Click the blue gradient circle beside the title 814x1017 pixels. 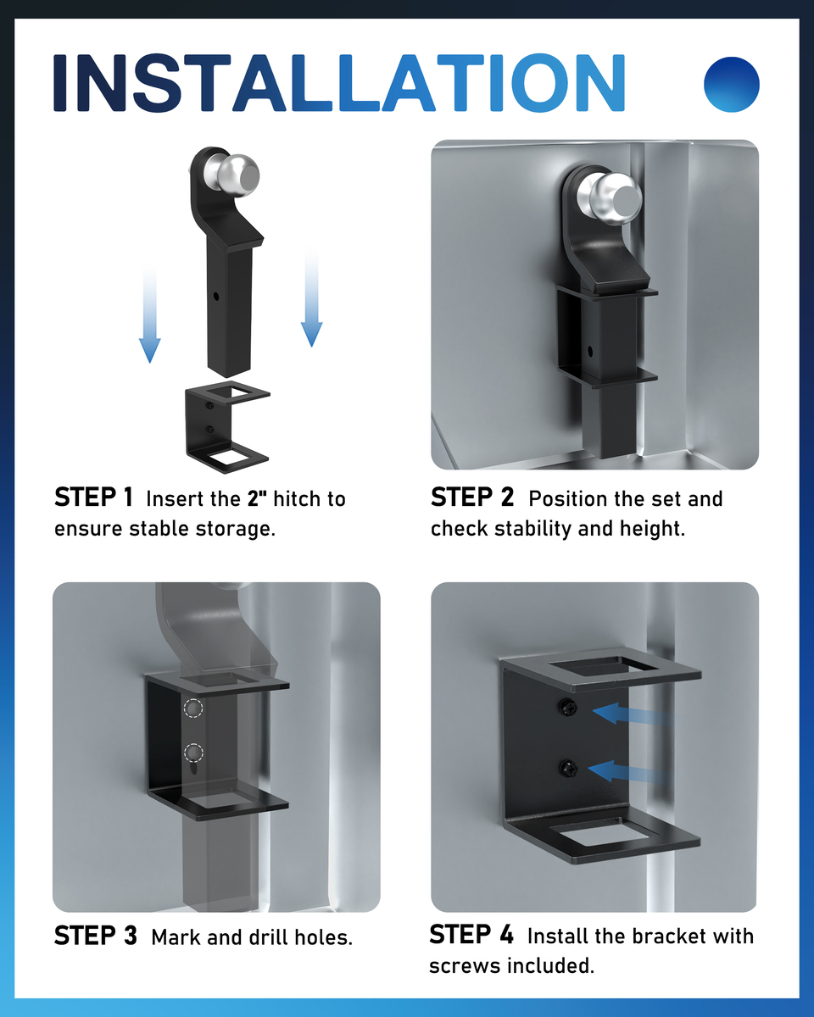point(731,85)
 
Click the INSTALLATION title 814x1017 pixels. point(339,83)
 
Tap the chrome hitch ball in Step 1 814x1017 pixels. point(231,175)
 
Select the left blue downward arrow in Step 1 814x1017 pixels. point(149,314)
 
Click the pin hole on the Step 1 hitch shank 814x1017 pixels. point(216,297)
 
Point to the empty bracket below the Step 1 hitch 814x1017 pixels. point(227,427)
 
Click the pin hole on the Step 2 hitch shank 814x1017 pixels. point(590,352)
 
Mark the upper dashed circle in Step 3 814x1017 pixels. point(193,708)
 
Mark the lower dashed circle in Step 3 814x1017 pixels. point(193,753)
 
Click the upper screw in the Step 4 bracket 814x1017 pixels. point(567,708)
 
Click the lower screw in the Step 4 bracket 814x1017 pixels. point(568,768)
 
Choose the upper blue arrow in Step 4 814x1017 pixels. point(631,714)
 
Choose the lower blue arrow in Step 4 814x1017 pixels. point(628,772)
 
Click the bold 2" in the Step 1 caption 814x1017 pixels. point(257,499)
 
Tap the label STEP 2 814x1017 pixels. point(472,497)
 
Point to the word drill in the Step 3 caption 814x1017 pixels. point(266,937)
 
